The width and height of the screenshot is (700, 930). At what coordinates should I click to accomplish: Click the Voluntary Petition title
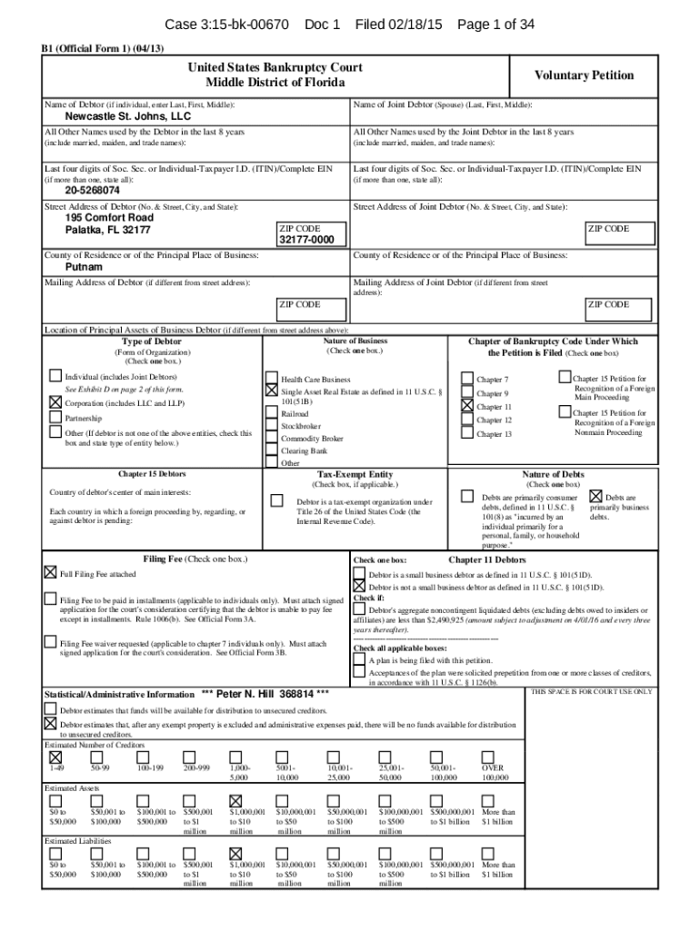pyautogui.click(x=584, y=75)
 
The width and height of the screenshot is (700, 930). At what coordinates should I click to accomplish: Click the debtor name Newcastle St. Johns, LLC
pyautogui.click(x=127, y=117)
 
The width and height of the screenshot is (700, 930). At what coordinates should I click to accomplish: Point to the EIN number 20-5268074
pyautogui.click(x=92, y=192)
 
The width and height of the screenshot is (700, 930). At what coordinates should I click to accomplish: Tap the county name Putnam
pyautogui.click(x=84, y=268)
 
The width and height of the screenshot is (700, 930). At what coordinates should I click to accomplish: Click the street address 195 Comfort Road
pyautogui.click(x=109, y=218)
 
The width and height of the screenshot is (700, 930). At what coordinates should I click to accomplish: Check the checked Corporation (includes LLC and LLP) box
pyautogui.click(x=55, y=401)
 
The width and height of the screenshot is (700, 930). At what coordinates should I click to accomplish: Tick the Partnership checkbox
pyautogui.click(x=55, y=418)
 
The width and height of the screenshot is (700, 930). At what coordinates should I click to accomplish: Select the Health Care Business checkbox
pyautogui.click(x=271, y=379)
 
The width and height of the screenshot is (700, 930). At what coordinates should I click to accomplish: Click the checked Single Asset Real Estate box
pyautogui.click(x=271, y=390)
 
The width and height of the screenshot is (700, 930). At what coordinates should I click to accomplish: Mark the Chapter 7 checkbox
pyautogui.click(x=467, y=379)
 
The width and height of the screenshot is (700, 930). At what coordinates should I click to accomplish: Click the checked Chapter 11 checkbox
pyautogui.click(x=467, y=406)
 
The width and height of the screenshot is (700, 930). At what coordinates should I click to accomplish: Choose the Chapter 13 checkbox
pyautogui.click(x=467, y=434)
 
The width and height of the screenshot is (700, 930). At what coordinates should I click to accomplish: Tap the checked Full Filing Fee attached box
pyautogui.click(x=51, y=573)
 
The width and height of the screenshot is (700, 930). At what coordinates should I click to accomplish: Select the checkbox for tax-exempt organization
pyautogui.click(x=277, y=500)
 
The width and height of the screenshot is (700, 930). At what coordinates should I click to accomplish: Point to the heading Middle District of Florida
pyautogui.click(x=275, y=83)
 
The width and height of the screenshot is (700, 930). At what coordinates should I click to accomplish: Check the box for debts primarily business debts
pyautogui.click(x=596, y=496)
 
